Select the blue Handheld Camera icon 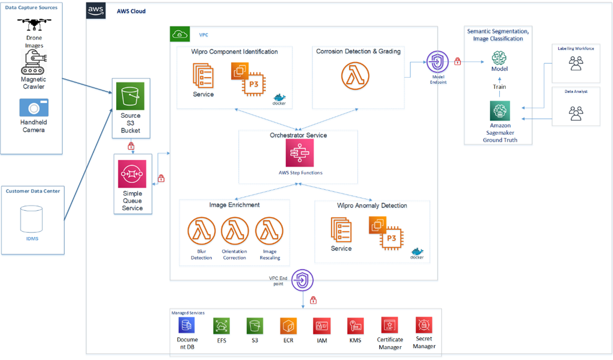pyautogui.click(x=34, y=108)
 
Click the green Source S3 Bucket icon pyautogui.click(x=131, y=96)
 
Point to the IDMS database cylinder pyautogui.click(x=31, y=219)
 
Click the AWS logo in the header pyautogui.click(x=96, y=10)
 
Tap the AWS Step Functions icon pyautogui.click(x=299, y=153)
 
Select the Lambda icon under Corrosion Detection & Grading pyautogui.click(x=355, y=77)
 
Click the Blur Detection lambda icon pyautogui.click(x=201, y=232)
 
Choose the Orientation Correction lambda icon pyautogui.click(x=235, y=232)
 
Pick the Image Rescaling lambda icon pyautogui.click(x=269, y=232)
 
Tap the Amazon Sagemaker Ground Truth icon pyautogui.click(x=499, y=110)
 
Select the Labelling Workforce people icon pyautogui.click(x=576, y=64)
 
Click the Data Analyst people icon pyautogui.click(x=576, y=113)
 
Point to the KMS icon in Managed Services pyautogui.click(x=355, y=325)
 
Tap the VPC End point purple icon pyautogui.click(x=302, y=280)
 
